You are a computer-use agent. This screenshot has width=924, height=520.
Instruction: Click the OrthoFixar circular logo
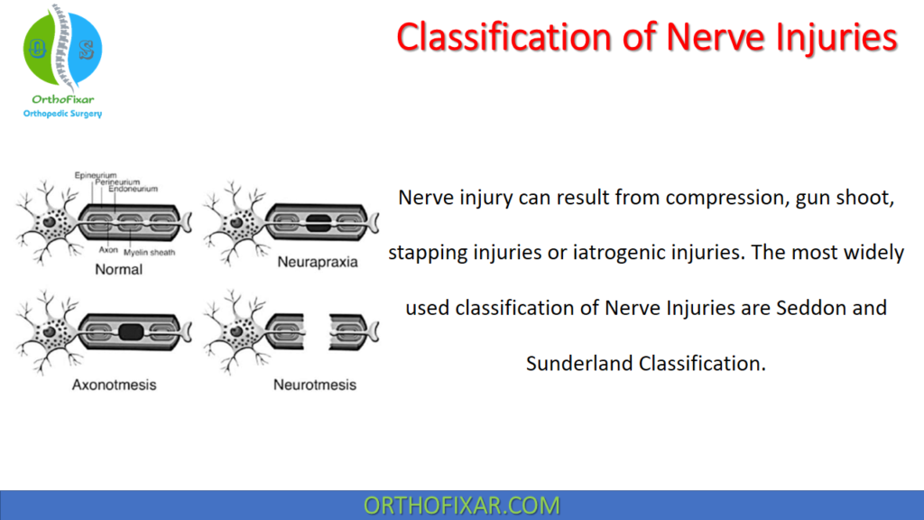[62, 49]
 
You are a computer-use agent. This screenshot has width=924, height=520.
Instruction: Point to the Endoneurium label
[132, 189]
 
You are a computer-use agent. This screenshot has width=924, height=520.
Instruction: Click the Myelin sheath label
[151, 253]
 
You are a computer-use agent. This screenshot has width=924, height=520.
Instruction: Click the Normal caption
[118, 269]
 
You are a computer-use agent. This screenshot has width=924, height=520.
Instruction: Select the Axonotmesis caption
[114, 385]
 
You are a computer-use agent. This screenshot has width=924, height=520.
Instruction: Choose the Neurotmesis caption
[315, 385]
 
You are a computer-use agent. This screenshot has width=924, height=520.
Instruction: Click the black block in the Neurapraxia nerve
[319, 221]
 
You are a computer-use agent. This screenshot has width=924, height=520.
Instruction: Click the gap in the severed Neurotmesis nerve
[316, 331]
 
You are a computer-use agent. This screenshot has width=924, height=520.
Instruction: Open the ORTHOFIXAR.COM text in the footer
[461, 506]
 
